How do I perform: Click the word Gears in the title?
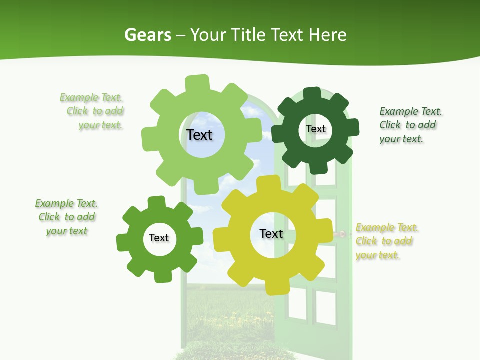pyautogui.click(x=148, y=35)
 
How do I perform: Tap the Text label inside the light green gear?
pyautogui.click(x=199, y=135)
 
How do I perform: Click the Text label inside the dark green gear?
pyautogui.click(x=315, y=129)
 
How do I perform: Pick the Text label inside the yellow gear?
pyautogui.click(x=271, y=234)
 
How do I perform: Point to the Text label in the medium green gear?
pyautogui.click(x=159, y=238)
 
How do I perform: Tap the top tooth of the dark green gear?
pyautogui.click(x=312, y=94)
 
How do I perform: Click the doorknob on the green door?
pyautogui.click(x=342, y=234)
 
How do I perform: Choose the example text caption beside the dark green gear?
pyautogui.click(x=410, y=125)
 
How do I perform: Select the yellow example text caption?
pyautogui.click(x=386, y=241)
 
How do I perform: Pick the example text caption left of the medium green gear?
pyautogui.click(x=66, y=217)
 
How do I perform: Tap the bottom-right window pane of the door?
pyautogui.click(x=326, y=306)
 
